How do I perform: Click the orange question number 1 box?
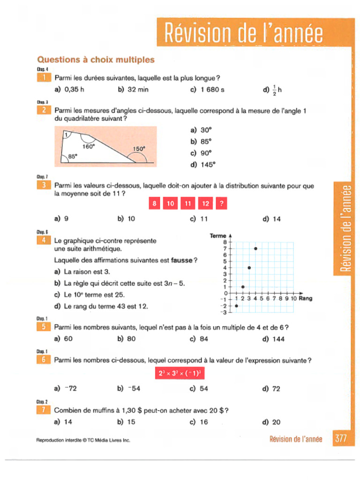(x=43, y=78)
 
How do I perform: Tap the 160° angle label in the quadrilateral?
(x=89, y=146)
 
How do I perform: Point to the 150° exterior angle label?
(x=139, y=149)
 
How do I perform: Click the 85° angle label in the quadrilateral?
(x=73, y=157)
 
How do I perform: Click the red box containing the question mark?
(x=222, y=203)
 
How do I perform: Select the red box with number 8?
(x=153, y=203)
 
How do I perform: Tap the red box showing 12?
(x=205, y=203)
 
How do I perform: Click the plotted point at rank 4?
(x=255, y=248)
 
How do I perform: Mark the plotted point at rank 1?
(x=236, y=306)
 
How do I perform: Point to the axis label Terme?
(x=218, y=236)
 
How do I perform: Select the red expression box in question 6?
(x=180, y=374)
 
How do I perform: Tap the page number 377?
(x=341, y=439)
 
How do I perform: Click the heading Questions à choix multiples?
(x=96, y=60)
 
